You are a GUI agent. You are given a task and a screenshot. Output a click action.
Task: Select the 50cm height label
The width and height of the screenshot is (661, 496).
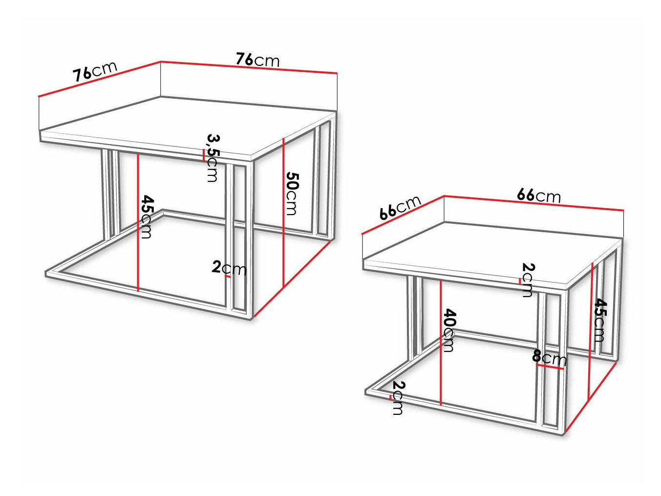[292, 193]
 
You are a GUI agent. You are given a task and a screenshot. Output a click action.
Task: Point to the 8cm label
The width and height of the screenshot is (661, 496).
[549, 358]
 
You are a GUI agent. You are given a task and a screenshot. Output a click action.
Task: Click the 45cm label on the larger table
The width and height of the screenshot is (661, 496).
[147, 216]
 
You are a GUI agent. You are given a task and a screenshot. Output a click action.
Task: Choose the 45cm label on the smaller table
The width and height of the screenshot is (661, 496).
[600, 320]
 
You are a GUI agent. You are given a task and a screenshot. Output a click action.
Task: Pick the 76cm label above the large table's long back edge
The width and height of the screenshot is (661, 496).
[257, 60]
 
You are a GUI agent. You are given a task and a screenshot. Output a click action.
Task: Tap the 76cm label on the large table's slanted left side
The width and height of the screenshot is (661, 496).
[95, 71]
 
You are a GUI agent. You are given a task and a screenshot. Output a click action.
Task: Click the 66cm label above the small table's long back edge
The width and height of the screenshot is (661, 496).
[538, 195]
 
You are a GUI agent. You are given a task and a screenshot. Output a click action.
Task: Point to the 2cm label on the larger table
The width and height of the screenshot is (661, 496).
[229, 268]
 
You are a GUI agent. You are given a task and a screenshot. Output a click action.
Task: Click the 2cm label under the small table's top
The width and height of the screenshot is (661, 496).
[528, 280]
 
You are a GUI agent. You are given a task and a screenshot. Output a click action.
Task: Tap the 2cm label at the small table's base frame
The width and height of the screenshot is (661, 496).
[398, 398]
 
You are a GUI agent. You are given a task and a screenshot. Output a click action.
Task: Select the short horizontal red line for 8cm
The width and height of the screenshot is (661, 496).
[550, 367]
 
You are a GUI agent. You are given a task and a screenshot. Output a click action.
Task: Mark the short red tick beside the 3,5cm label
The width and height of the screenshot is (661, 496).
[203, 155]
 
